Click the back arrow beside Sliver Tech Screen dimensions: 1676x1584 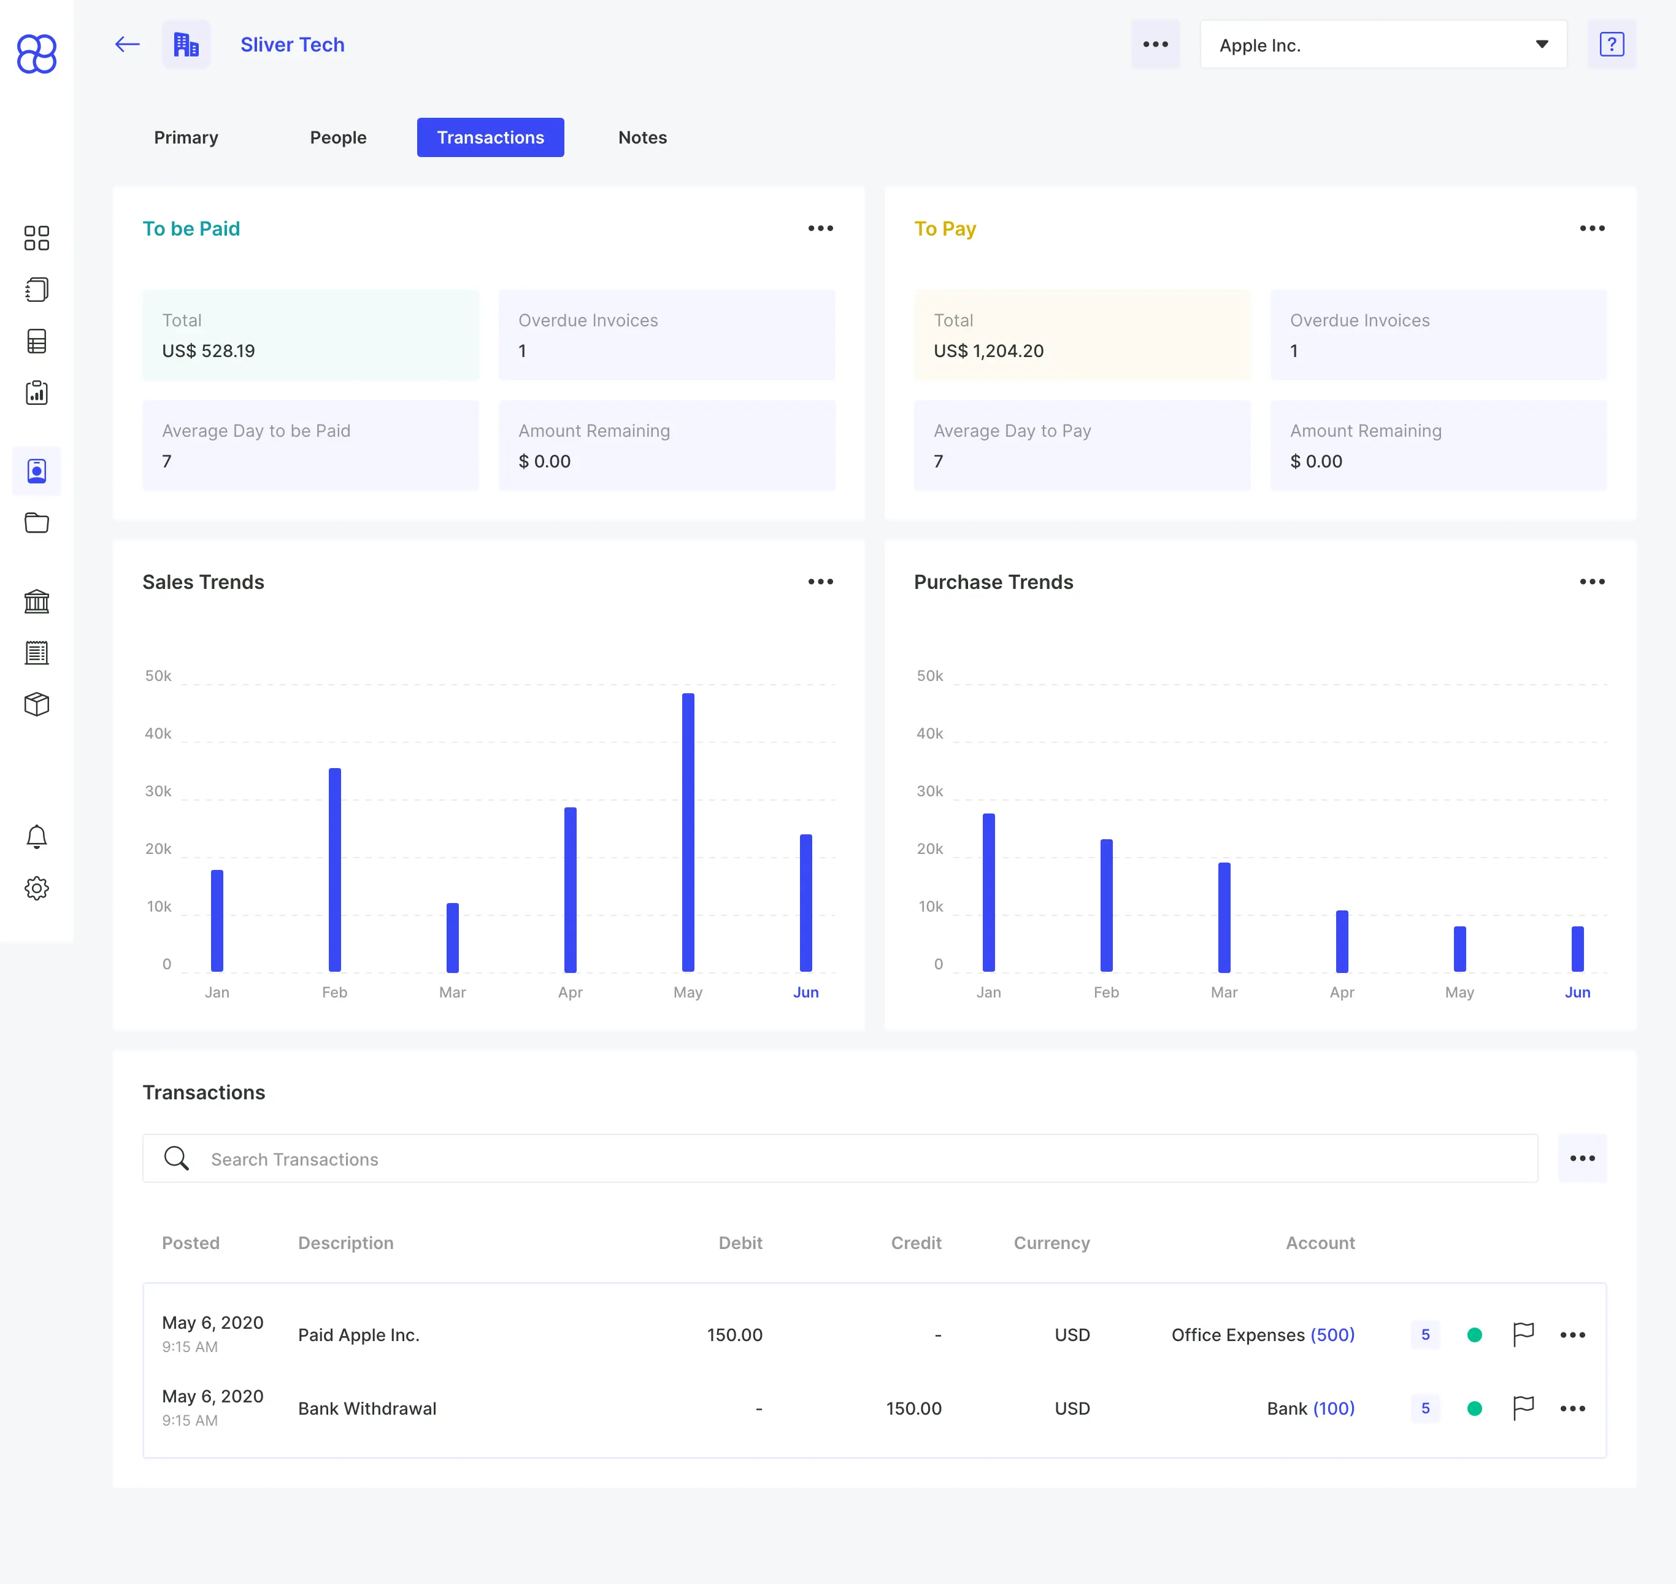[128, 45]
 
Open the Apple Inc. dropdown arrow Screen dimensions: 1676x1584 [1542, 45]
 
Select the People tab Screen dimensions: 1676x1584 [338, 137]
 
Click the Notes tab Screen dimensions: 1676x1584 [642, 137]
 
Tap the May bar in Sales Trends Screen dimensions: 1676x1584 [688, 832]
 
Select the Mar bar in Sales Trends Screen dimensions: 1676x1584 [453, 937]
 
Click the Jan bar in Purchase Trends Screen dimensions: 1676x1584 [989, 893]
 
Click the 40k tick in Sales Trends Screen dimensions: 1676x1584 [158, 734]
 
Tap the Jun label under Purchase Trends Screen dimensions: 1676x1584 [1577, 992]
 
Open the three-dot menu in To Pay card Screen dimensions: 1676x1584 [1593, 229]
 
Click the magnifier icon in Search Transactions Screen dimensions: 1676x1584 [177, 1158]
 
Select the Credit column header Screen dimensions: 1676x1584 [916, 1243]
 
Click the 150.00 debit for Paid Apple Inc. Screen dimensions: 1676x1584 [734, 1335]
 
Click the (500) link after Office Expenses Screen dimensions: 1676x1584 [1332, 1335]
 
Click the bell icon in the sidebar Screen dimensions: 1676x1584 [36, 837]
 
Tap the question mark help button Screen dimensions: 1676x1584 [1612, 45]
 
